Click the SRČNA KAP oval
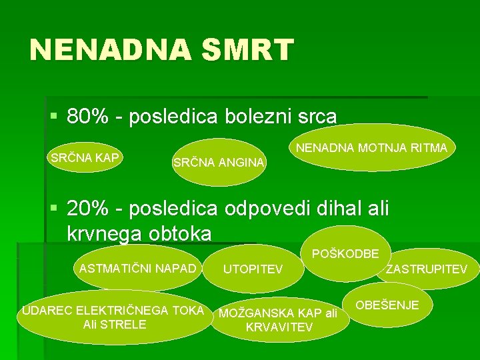(85, 158)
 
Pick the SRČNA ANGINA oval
(219, 162)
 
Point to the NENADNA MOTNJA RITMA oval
(372, 147)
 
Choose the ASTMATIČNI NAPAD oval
(138, 269)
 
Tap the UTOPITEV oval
(253, 269)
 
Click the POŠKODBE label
(345, 253)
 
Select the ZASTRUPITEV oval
(427, 269)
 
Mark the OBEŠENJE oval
(387, 305)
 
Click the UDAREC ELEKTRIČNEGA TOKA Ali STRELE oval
(113, 317)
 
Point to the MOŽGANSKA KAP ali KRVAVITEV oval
(279, 320)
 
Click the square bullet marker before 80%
(54, 117)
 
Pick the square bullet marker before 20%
(54, 208)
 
